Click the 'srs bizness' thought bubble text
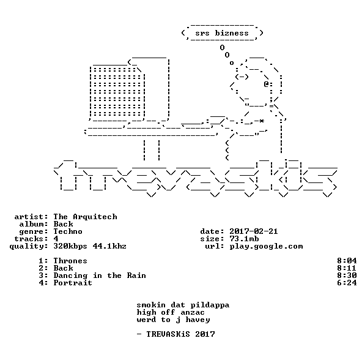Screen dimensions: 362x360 coord(222,33)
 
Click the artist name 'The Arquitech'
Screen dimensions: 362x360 coord(85,217)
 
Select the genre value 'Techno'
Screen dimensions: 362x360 coord(68,231)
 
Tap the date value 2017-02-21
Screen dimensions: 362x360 coord(254,231)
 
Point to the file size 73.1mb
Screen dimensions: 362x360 coord(244,239)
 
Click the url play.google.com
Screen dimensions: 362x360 coord(266,246)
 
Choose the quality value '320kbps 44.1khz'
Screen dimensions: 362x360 coord(90,246)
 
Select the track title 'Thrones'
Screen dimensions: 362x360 coord(70,261)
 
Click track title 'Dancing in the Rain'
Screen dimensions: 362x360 coord(100,276)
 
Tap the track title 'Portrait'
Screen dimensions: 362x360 coord(73,283)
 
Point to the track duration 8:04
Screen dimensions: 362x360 coord(347,261)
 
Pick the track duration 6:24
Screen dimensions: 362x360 coord(347,283)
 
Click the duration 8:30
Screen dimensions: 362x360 coord(347,276)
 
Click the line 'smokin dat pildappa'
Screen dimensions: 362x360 coord(183,305)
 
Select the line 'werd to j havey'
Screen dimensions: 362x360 coord(173,320)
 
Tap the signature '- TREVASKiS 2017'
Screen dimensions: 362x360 coord(175,334)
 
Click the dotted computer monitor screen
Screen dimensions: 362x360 coord(116,92)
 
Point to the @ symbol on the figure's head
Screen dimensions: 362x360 coord(266,84)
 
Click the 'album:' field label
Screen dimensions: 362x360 coord(34,224)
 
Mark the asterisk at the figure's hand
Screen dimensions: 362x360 coord(261,121)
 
